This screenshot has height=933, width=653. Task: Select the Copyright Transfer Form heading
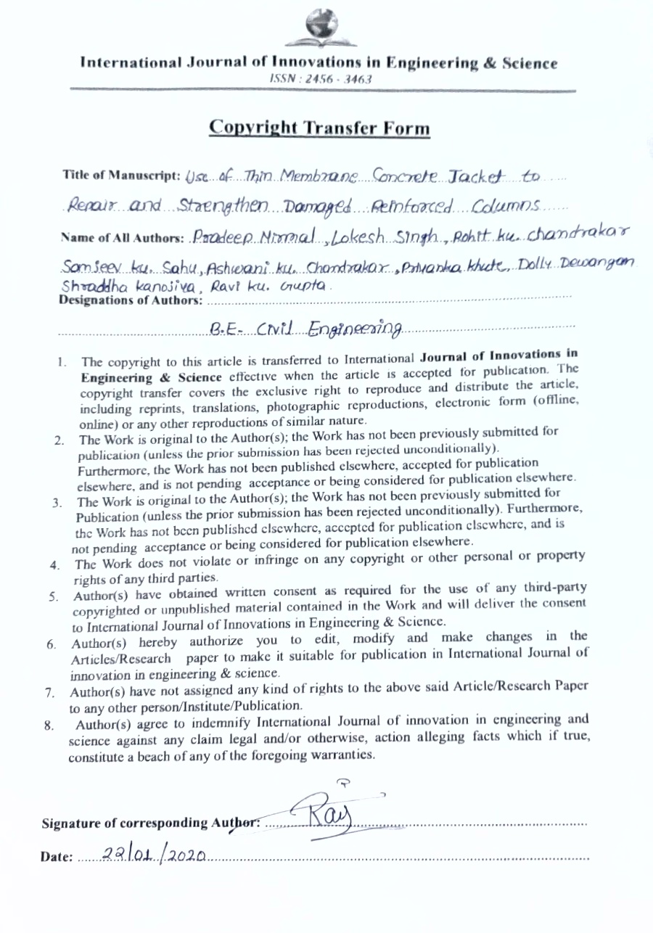319,128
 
